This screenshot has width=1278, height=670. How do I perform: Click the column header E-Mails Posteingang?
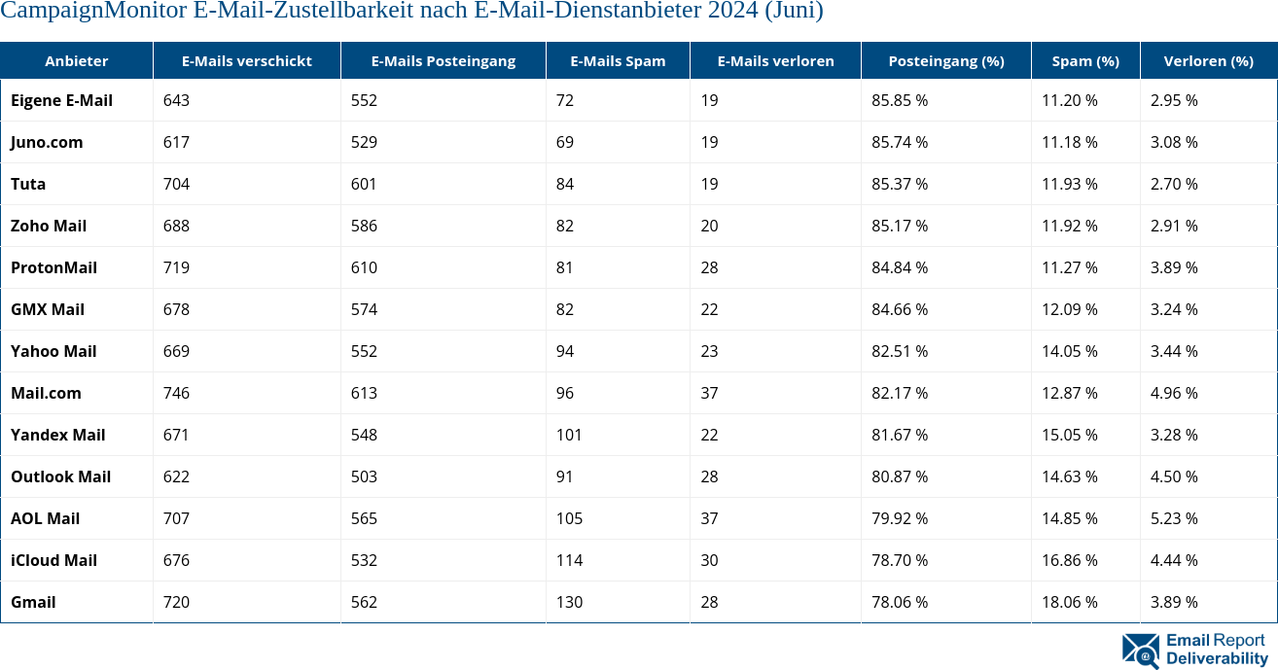point(443,61)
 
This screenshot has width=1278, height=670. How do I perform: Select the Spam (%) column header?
point(1085,61)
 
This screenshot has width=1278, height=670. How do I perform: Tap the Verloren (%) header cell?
point(1208,61)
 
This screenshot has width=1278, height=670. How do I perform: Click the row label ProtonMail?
point(53,267)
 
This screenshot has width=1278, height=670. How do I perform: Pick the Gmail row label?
point(33,602)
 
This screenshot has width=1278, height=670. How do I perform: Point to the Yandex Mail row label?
point(57,435)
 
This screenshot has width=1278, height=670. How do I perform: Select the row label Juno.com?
point(47,142)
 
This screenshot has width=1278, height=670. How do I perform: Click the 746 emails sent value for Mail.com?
point(176,393)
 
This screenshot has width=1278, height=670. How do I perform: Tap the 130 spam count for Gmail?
point(569,602)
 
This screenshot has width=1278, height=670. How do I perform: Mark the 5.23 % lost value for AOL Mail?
point(1173,518)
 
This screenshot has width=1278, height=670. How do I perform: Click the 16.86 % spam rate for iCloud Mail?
point(1069,560)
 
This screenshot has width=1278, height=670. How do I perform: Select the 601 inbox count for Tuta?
point(364,184)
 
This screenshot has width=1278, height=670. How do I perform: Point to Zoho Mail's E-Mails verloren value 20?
point(709,226)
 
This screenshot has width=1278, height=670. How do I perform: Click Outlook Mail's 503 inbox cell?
point(364,476)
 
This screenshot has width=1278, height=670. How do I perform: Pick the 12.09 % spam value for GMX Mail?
point(1069,309)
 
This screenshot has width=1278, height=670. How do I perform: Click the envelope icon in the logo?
point(1140,650)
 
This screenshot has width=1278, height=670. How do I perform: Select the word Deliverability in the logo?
point(1217,658)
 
